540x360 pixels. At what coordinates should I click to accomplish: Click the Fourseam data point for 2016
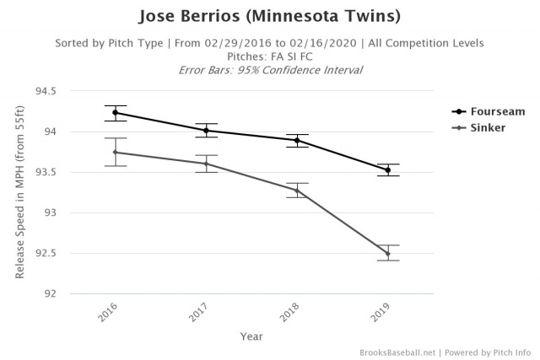click(115, 112)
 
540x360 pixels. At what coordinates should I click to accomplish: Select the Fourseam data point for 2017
click(206, 131)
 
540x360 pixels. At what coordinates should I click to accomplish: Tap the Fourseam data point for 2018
click(297, 140)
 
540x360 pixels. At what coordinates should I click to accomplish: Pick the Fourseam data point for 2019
click(388, 169)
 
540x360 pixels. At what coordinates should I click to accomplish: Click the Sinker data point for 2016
click(115, 153)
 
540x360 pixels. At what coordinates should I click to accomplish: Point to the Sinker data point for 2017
click(206, 164)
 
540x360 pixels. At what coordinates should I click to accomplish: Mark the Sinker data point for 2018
click(297, 190)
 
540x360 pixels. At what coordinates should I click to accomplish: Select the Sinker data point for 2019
click(388, 254)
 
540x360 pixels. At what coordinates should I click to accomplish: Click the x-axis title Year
click(251, 335)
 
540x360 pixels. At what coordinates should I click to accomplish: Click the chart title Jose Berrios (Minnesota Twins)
click(269, 17)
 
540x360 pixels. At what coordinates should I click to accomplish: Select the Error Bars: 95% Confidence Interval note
click(269, 69)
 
